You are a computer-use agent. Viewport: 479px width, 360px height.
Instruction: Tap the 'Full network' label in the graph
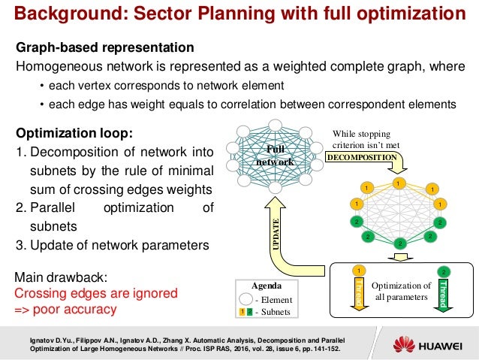(x=270, y=156)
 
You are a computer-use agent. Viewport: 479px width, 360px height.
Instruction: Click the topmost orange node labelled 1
(x=398, y=183)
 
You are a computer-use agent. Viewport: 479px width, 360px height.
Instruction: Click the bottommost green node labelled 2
(x=399, y=243)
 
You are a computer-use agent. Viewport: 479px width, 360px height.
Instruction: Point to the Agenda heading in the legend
(x=264, y=286)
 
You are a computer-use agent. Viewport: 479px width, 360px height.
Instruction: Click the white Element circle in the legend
(x=243, y=299)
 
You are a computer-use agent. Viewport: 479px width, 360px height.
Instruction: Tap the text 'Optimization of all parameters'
(x=402, y=291)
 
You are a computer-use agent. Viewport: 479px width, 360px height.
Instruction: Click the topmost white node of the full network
(x=275, y=126)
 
